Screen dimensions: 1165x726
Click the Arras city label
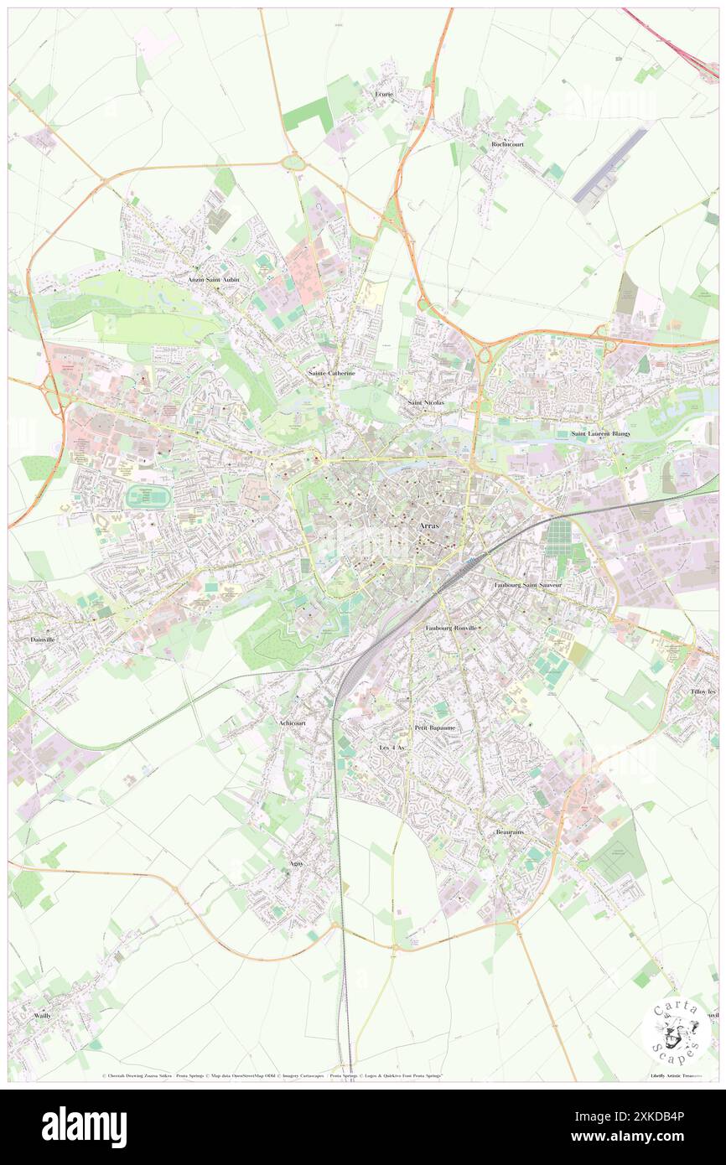(x=432, y=525)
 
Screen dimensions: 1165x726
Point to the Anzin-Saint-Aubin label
(x=213, y=280)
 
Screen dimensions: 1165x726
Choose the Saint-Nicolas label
(x=426, y=403)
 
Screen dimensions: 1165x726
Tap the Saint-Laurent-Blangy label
(x=600, y=433)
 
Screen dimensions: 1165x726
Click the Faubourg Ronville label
(x=452, y=628)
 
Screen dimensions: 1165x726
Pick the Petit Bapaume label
(x=435, y=727)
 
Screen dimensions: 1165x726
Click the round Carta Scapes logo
(x=676, y=1031)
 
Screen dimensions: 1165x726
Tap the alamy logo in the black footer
(x=84, y=1126)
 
